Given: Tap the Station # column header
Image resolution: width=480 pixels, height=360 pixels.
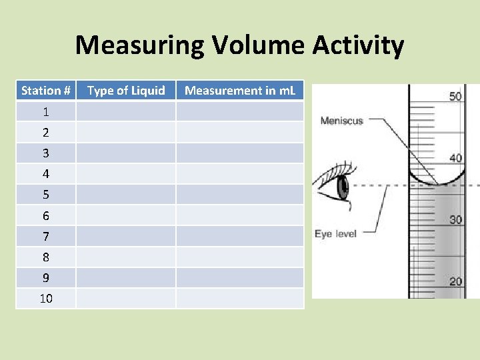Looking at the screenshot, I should pos(46,91).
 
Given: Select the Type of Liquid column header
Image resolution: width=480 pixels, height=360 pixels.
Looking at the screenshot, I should pos(126,91).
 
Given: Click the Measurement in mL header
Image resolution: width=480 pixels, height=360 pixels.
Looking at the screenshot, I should pos(239,91).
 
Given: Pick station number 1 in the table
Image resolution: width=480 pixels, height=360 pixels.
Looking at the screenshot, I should pos(46,111).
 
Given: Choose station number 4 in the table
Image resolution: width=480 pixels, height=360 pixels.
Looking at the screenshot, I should pos(46,174).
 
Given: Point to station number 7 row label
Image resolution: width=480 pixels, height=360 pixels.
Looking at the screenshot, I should pos(46,236).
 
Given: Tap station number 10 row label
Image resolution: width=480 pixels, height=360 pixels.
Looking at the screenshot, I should pos(46,298).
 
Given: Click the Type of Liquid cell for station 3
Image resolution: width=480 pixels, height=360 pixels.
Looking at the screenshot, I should pos(126,153).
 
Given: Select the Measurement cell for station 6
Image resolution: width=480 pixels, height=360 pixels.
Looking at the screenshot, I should pos(239,215).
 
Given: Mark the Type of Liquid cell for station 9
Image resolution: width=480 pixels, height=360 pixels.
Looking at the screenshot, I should pos(126,277).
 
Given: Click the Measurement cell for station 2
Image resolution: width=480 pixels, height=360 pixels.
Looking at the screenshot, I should pos(239,132).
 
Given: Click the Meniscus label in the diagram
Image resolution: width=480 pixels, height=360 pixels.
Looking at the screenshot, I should pos(341,121).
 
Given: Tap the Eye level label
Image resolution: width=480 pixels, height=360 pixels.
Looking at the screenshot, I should pos(335,234).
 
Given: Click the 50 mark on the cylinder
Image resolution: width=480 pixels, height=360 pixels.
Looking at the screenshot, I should pos(455,97).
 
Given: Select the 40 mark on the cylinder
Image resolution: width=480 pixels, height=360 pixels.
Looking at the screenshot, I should pos(455,158).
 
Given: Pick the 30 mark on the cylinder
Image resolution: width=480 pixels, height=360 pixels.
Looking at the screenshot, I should pos(455,220).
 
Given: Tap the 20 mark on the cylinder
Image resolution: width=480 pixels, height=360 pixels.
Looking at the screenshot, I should pos(455,281).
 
